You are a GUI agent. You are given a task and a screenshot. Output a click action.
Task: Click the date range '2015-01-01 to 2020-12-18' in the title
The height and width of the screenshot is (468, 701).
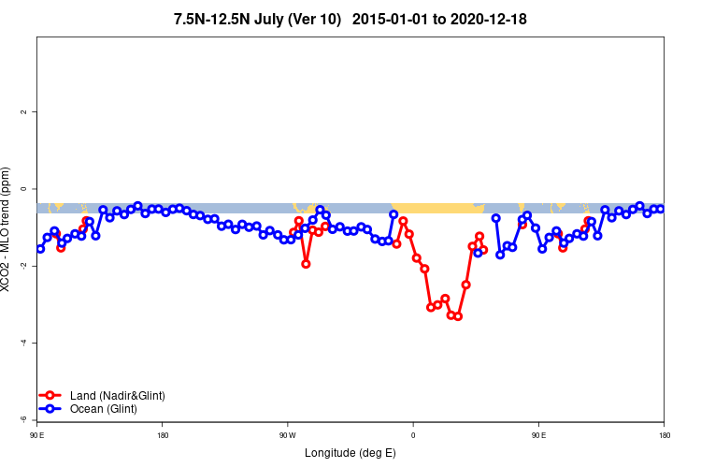click(443, 19)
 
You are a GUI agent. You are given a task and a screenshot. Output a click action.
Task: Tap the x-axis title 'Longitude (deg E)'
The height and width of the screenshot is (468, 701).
click(350, 453)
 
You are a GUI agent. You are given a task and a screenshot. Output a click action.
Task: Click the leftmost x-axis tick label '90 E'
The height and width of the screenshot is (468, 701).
click(36, 435)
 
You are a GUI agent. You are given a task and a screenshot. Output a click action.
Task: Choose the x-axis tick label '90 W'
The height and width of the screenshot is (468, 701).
click(287, 435)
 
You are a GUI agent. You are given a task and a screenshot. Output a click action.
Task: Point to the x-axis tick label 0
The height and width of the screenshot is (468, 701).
click(412, 435)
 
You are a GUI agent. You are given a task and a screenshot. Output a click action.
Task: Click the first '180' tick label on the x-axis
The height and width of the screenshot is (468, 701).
click(163, 435)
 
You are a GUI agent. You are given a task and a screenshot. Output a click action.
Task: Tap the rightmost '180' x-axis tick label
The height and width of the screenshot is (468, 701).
click(664, 435)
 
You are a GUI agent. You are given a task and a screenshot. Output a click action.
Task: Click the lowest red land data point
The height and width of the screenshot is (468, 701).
click(458, 316)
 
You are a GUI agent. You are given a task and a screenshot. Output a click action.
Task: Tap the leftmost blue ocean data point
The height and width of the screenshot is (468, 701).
click(40, 249)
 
